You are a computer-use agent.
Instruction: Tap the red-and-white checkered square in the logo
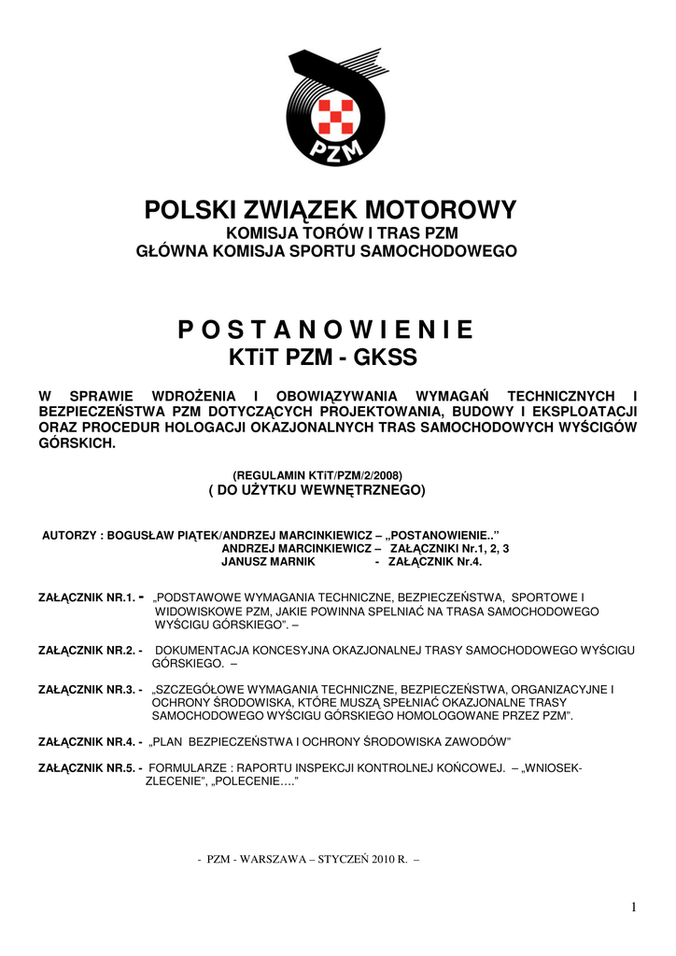point(334,116)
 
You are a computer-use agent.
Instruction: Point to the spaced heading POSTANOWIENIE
point(325,330)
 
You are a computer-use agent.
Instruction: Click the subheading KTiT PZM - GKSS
point(323,358)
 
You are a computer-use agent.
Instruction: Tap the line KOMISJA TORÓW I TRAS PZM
point(331,232)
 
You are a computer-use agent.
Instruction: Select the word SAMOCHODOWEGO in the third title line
point(446,250)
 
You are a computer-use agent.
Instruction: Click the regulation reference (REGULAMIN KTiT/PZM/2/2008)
point(317,474)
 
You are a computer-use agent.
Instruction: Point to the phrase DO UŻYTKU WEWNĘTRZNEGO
point(316,489)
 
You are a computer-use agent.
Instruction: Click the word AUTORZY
point(72,536)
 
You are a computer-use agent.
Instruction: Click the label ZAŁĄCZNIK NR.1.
point(87,596)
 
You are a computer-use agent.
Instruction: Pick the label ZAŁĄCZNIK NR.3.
point(87,689)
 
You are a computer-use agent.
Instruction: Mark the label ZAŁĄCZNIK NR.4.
point(87,741)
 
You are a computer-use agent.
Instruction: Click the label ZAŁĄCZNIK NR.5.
point(87,767)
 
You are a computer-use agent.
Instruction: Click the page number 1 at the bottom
point(633,907)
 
